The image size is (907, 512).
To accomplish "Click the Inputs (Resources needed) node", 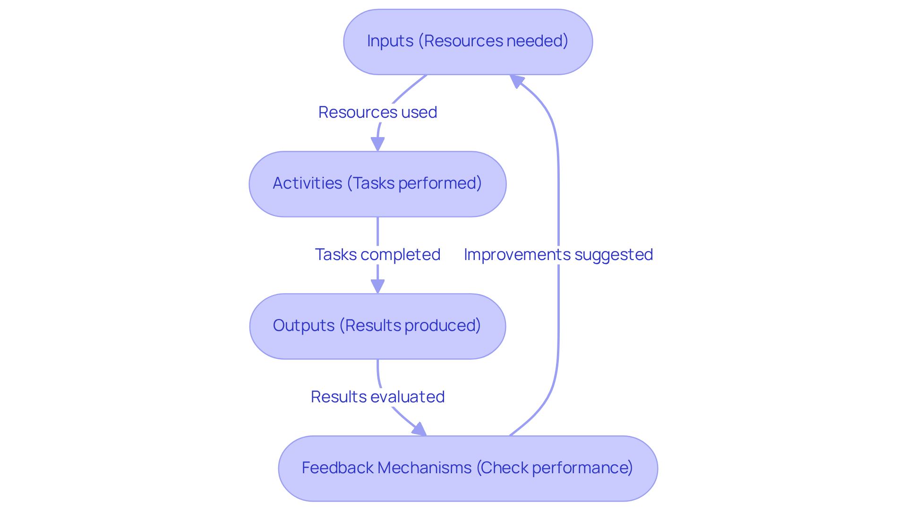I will (x=468, y=42).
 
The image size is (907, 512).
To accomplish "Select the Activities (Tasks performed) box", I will (x=377, y=184).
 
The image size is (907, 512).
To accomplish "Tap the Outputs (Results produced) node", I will (x=377, y=326).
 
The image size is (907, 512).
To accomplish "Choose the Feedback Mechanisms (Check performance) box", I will (x=468, y=468).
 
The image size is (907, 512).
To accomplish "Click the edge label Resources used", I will (x=377, y=113).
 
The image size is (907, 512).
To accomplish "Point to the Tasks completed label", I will (x=377, y=255).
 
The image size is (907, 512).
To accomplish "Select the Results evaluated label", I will (x=377, y=397).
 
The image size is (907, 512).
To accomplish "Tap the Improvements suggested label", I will (x=558, y=255).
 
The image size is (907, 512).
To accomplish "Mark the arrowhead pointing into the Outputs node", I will (x=377, y=286).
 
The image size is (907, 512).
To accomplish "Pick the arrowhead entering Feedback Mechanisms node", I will (x=419, y=430).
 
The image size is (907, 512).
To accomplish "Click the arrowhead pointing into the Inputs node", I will (x=517, y=81).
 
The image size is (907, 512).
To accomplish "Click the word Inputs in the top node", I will (x=390, y=41).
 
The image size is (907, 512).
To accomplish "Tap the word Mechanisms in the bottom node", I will (x=424, y=468).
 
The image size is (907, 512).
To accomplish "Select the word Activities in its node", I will (x=307, y=183).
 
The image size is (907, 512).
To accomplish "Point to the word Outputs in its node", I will (x=304, y=326).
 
